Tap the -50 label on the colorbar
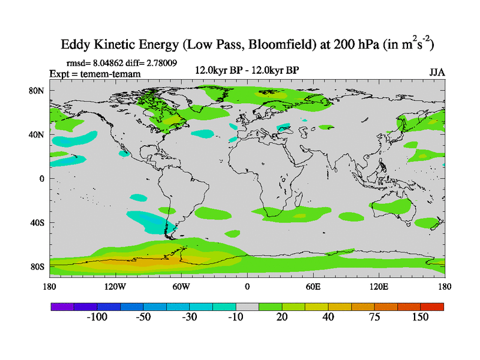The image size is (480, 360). tap(143, 317)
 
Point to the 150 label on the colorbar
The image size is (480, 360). tap(420, 317)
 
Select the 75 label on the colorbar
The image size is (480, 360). tap(374, 317)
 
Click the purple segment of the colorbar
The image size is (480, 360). tap(62, 307)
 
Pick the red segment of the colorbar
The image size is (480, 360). tap(432, 307)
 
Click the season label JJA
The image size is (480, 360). tap(437, 72)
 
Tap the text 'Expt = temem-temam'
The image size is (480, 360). tap(94, 74)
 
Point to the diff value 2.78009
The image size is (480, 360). tap(157, 62)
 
